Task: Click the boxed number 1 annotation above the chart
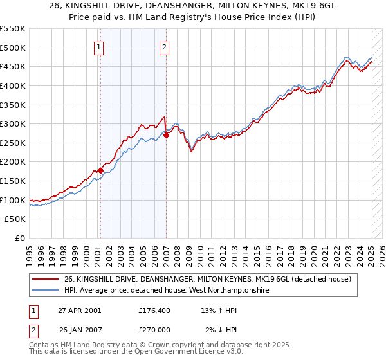[100, 47]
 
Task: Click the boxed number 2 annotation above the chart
[165, 47]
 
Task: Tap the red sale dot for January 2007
[166, 135]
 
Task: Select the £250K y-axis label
[13, 143]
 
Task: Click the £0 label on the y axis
[21, 238]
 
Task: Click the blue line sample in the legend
[46, 291]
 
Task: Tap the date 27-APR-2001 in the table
[79, 310]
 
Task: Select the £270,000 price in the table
[155, 330]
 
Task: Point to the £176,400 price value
[155, 310]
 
